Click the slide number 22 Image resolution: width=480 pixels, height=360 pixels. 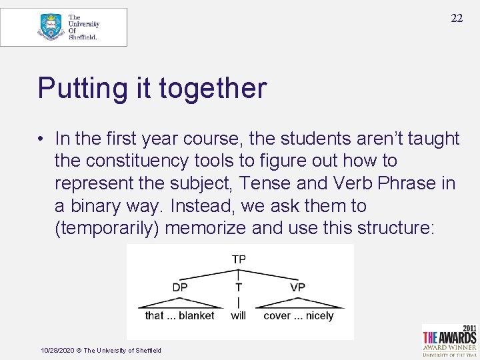(x=456, y=18)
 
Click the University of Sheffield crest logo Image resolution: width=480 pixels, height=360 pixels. (x=51, y=27)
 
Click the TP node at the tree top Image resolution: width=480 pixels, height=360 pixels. (x=239, y=259)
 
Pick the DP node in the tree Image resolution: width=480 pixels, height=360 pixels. (x=180, y=287)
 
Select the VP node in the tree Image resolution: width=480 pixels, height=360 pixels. (x=297, y=287)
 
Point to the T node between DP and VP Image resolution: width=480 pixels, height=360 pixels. (x=239, y=287)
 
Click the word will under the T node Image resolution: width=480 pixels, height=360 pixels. (x=239, y=315)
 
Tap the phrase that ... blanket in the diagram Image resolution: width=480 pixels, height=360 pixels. (x=180, y=315)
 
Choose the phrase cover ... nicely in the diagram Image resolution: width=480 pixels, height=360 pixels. (x=298, y=315)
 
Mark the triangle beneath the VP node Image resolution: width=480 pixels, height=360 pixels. (x=298, y=301)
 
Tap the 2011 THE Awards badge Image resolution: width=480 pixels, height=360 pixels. (x=449, y=340)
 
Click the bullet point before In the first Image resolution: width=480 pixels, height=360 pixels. (x=41, y=139)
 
